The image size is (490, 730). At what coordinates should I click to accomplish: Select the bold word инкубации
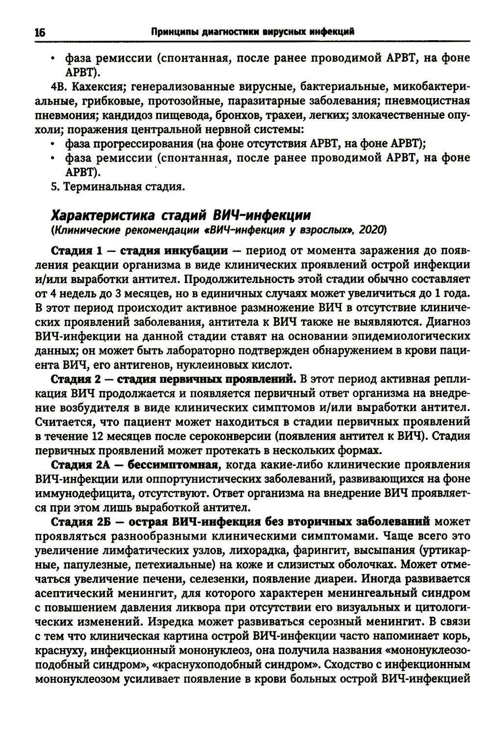point(196,251)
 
